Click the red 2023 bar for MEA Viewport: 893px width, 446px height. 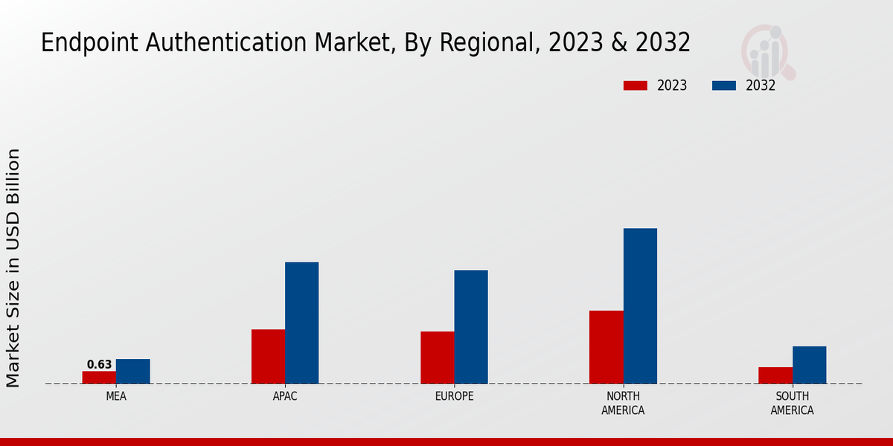coord(99,377)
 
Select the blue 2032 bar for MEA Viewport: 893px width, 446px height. coord(132,371)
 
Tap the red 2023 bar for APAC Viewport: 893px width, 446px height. coord(268,356)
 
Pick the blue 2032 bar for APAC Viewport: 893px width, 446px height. coord(301,323)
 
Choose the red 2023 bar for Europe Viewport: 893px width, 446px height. coord(437,358)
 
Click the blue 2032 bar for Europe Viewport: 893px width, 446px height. coord(471,326)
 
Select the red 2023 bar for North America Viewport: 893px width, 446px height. coord(606,346)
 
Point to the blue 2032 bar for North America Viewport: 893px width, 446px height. coord(640,306)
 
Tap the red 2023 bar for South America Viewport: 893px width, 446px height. coord(775,375)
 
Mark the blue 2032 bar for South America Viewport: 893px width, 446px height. coord(809,365)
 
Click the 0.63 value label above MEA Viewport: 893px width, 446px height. coord(99,364)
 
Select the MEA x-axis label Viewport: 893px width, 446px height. coord(116,396)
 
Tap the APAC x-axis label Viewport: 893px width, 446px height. coord(285,396)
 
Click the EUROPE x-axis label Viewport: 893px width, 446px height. coord(454,396)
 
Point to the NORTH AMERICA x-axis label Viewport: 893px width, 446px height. coord(623,403)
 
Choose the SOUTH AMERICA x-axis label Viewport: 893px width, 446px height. coord(792,403)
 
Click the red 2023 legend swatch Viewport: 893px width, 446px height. coord(635,85)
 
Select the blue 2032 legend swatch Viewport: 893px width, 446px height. coord(723,85)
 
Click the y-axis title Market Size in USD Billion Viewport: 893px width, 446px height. coord(13,268)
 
